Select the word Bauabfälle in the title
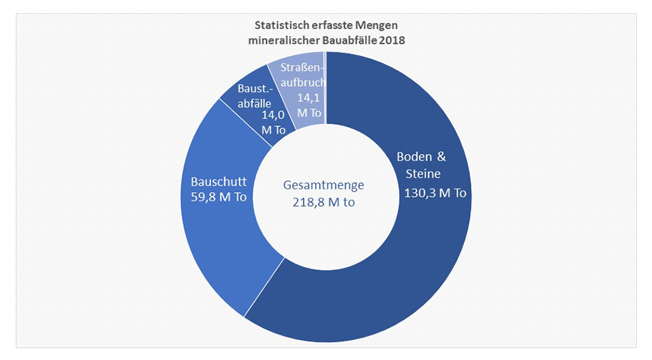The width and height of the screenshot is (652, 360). pos(350,40)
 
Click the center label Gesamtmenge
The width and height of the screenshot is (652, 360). pos(324,186)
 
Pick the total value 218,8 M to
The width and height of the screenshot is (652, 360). pos(324,202)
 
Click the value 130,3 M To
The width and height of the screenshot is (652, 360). pos(435,193)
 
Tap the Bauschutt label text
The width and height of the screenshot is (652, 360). pos(218,182)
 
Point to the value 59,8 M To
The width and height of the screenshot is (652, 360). pos(218,197)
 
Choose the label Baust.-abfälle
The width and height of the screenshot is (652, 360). pos(254,96)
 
